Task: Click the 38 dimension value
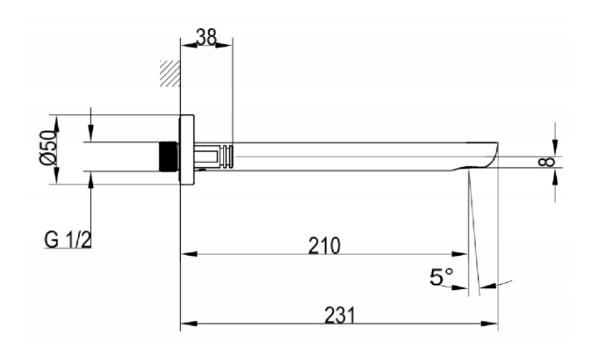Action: pos(206,37)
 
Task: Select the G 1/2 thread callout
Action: pos(68,240)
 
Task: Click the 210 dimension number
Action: pos(324,246)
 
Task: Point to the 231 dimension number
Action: pos(340,315)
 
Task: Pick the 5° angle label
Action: pos(441,277)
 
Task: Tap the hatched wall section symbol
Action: pos(170,74)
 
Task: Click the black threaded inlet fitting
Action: pos(168,156)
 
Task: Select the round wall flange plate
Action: pos(187,149)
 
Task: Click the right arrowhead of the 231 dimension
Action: pos(490,323)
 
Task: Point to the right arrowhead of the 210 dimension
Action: pos(460,254)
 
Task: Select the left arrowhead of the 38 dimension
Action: pos(189,46)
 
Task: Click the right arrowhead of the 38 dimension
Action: pos(224,46)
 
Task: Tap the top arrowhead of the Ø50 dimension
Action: pos(56,124)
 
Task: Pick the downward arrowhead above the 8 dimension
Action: pos(556,148)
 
